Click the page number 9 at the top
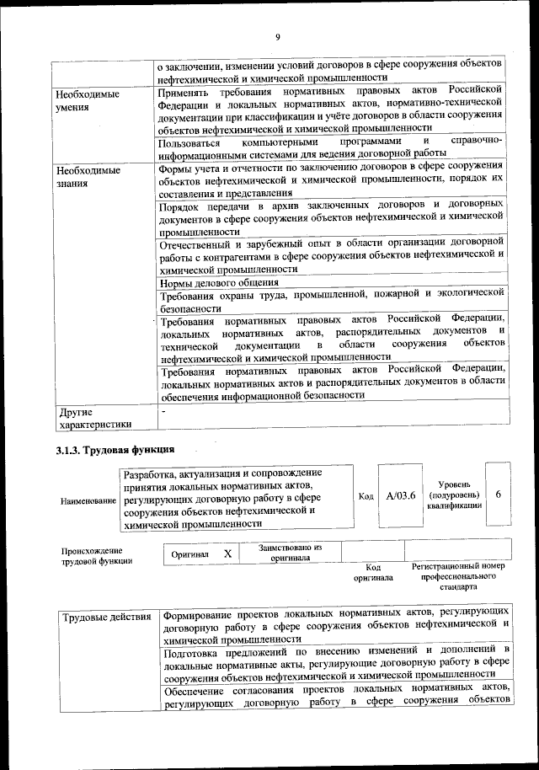[x=276, y=36]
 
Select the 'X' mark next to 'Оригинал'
[x=227, y=553]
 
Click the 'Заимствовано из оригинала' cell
[x=290, y=553]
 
